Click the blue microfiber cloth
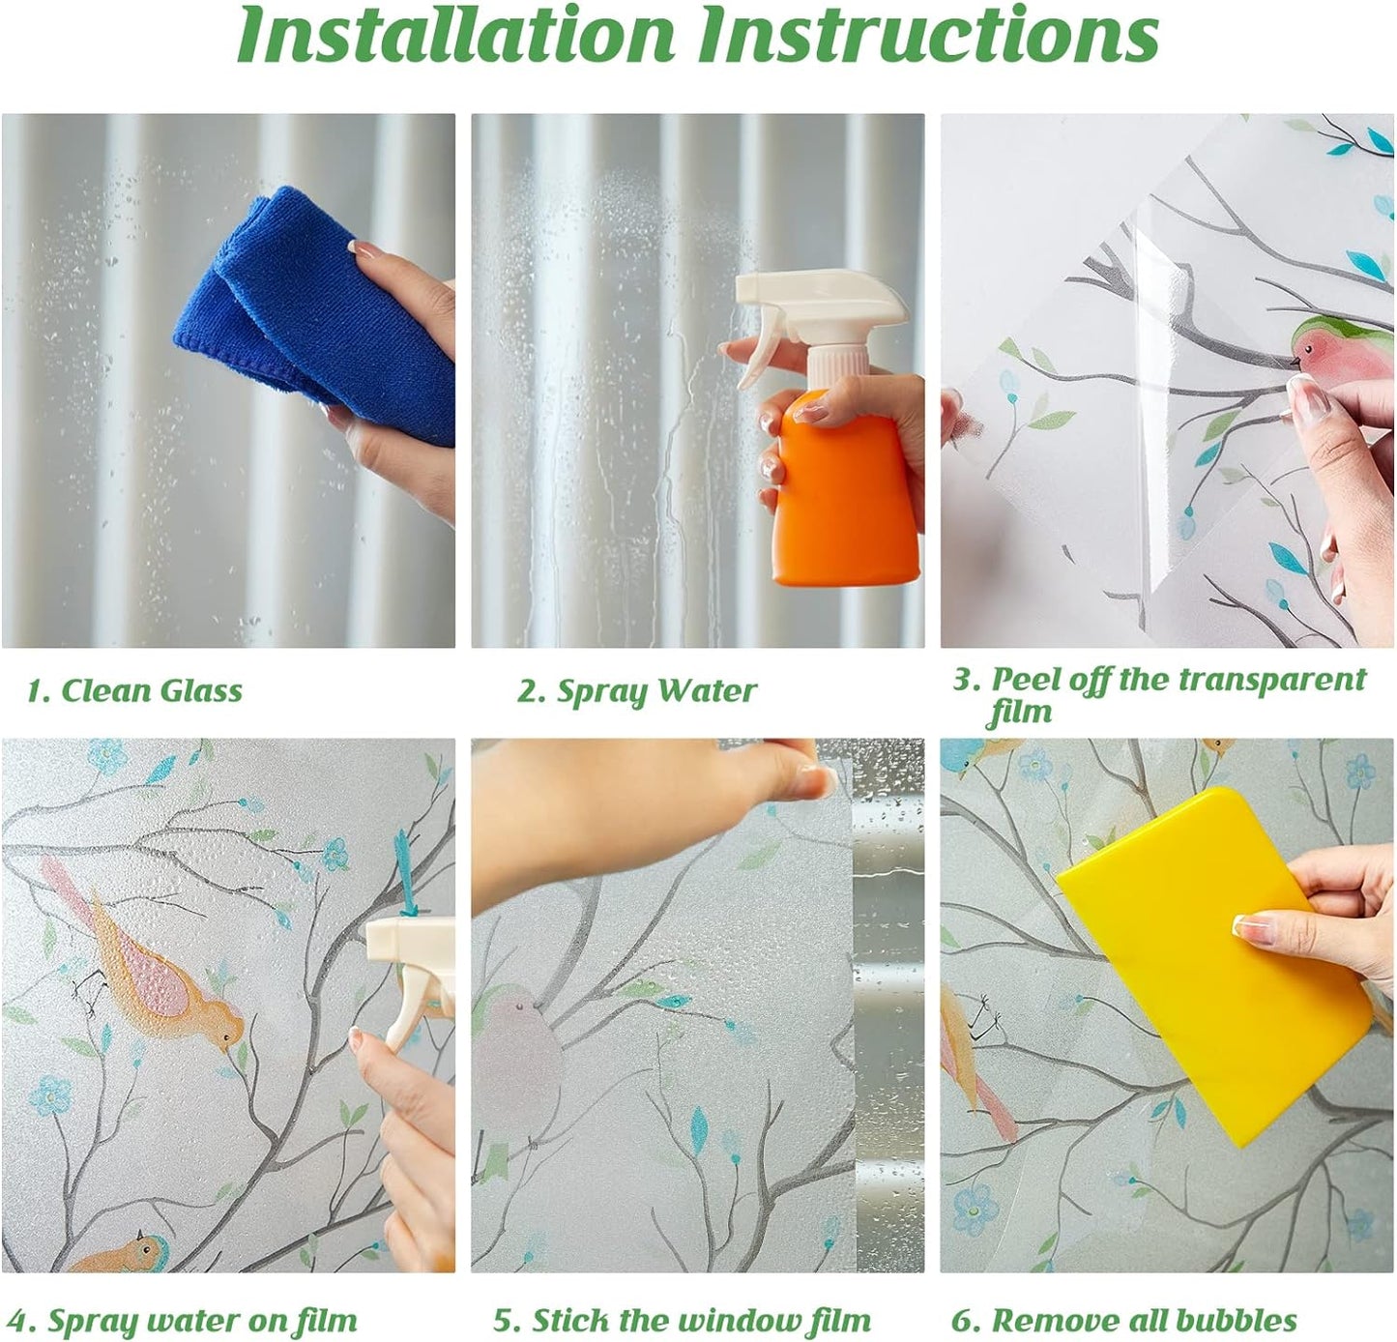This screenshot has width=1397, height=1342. tap(316, 308)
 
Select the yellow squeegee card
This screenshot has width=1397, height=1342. tap(1213, 962)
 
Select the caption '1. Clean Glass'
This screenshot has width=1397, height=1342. tap(135, 690)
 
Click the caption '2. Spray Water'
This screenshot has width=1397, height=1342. tap(637, 691)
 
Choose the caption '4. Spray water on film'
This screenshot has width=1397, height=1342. tap(182, 1301)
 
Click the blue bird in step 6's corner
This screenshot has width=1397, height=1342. tap(969, 757)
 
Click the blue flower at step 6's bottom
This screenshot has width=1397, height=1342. tap(975, 1210)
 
